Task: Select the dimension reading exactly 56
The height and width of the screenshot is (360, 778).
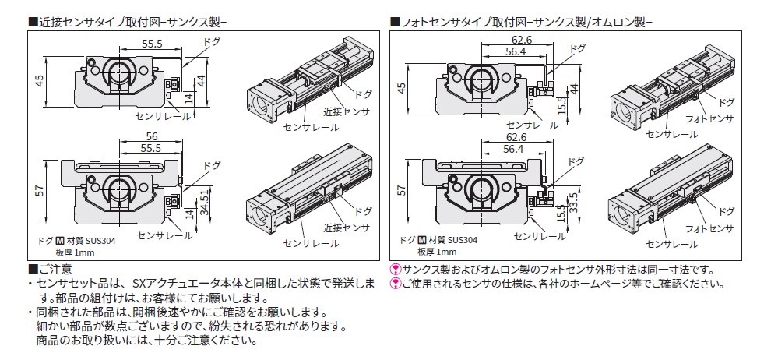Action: coord(151,136)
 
